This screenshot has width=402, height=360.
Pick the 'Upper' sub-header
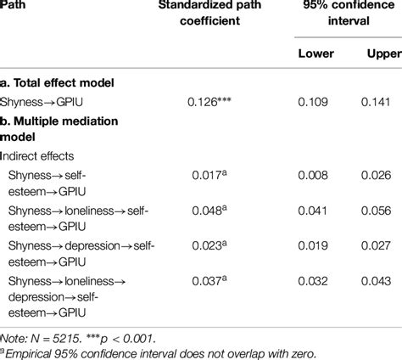pyautogui.click(x=382, y=53)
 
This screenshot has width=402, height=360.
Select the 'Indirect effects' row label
pyautogui.click(x=43, y=156)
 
